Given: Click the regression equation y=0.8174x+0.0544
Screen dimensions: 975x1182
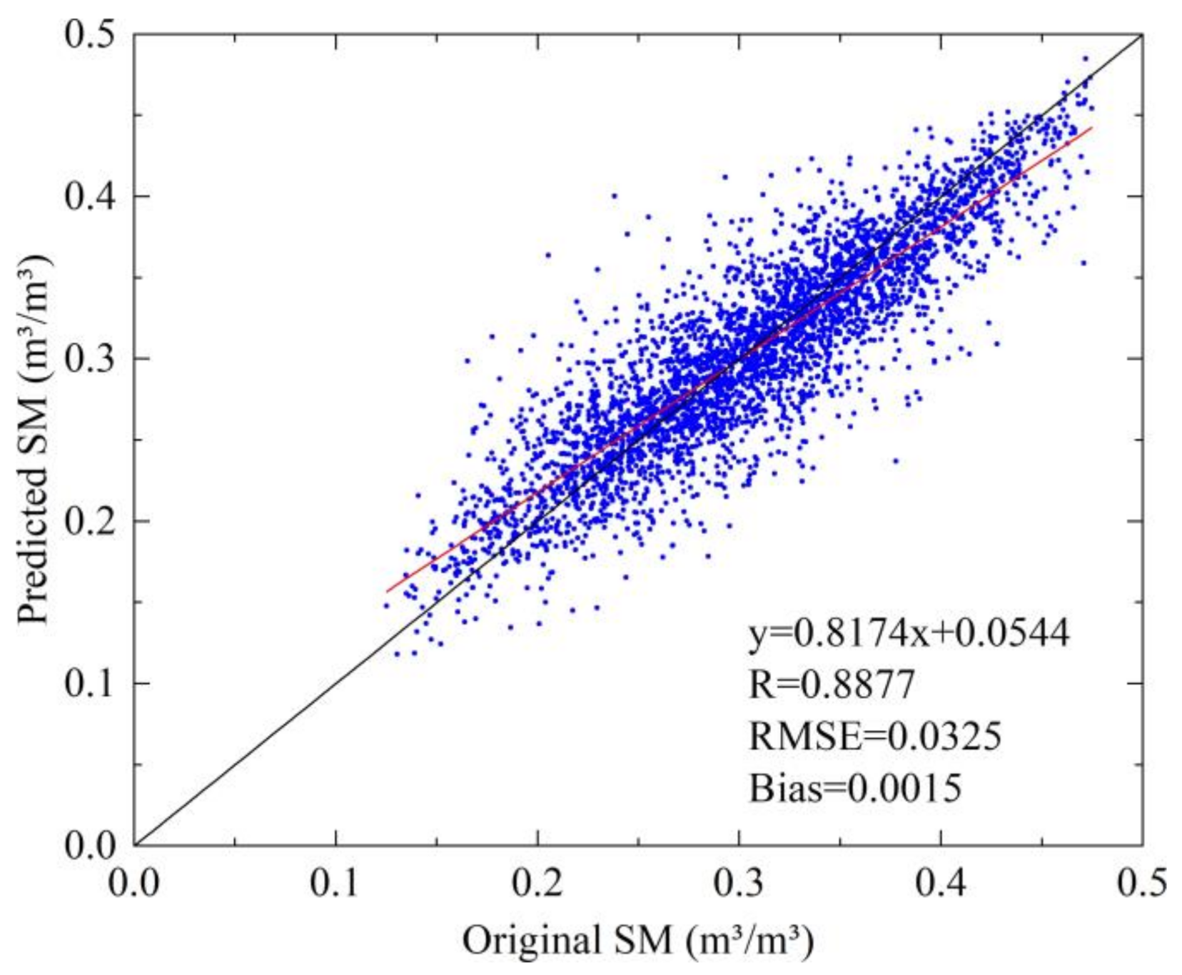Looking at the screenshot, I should [x=909, y=632].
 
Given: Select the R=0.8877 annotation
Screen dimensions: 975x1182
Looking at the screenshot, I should [x=831, y=684].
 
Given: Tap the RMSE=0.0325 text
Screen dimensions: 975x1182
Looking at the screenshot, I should [x=874, y=736].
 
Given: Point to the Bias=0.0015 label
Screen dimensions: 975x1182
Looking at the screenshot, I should [x=855, y=788].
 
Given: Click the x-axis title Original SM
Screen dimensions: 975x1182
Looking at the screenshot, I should [x=637, y=940].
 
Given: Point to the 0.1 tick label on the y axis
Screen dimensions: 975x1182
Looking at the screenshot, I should [x=90, y=683].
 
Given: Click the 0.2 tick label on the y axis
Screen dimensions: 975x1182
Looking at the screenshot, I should [x=90, y=521].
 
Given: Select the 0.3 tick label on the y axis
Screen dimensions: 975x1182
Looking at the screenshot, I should [x=90, y=358].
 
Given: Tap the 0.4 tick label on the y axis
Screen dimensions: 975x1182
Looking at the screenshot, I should [x=90, y=196].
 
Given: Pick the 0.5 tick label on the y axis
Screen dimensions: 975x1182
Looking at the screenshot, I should [x=90, y=34].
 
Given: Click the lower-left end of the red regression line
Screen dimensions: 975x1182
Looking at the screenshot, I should [x=387, y=591].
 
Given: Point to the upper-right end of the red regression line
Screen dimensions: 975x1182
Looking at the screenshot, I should [x=1091, y=128].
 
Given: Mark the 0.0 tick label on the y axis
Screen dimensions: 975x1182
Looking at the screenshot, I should [x=90, y=845].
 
